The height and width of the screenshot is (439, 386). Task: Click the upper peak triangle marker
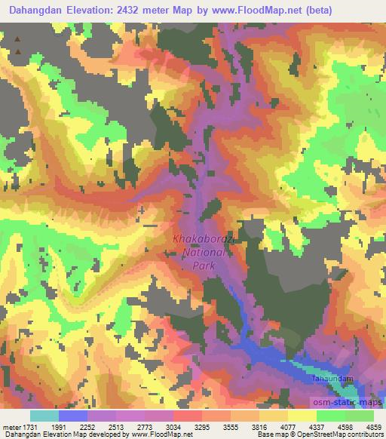point(17,37)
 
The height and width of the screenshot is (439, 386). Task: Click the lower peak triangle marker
point(17,52)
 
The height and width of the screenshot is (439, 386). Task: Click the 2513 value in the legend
point(116,425)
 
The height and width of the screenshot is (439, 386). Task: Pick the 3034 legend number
point(173,425)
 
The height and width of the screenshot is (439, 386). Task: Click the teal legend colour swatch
point(44,415)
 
